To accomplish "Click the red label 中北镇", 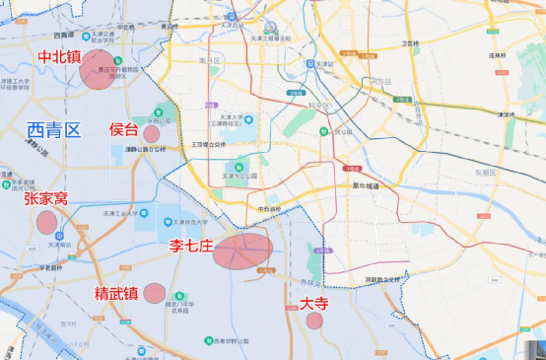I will pyautogui.click(x=60, y=57).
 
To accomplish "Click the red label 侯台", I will pyautogui.click(x=124, y=129).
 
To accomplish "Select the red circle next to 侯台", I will pyautogui.click(x=152, y=133).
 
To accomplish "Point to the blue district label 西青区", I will pyautogui.click(x=53, y=129).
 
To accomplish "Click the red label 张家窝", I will pyautogui.click(x=46, y=198).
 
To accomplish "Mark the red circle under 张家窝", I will pyautogui.click(x=46, y=222).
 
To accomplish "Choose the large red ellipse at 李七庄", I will pyautogui.click(x=241, y=252).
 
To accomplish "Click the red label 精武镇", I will pyautogui.click(x=115, y=293).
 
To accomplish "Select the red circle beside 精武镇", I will pyautogui.click(x=154, y=292).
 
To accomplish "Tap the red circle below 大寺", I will pyautogui.click(x=314, y=321).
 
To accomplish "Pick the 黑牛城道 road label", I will pyautogui.click(x=364, y=184).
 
